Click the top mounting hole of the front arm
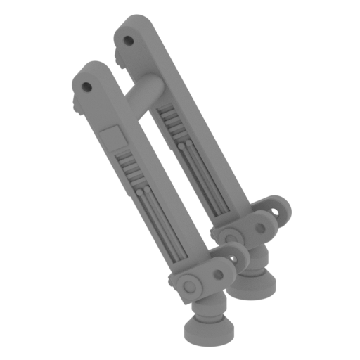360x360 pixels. pyautogui.click(x=87, y=87)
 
